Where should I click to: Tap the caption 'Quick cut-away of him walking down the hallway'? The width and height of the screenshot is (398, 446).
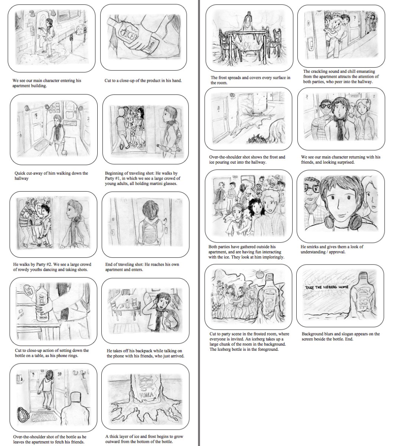51,176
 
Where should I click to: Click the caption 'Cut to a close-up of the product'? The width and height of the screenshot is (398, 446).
143,80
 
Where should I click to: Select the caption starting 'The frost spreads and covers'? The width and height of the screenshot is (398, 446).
250,80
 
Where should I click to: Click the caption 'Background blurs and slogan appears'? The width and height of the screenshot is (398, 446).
340,336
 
